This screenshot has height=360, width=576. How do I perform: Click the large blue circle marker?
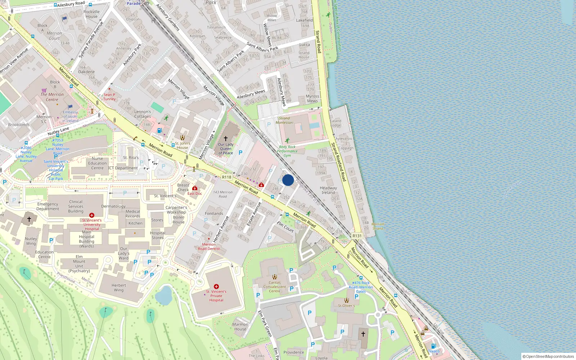(x=288, y=180)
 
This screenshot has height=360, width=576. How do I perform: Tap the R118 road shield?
(x=226, y=177)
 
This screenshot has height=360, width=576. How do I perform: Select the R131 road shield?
(x=357, y=236)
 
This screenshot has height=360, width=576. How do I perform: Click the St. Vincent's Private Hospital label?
(x=216, y=296)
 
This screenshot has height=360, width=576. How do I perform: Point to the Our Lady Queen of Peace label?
(x=226, y=149)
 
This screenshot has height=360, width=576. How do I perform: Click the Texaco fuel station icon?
(x=433, y=346)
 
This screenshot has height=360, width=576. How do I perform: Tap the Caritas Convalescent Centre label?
(x=274, y=287)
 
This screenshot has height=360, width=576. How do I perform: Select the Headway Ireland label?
(x=328, y=190)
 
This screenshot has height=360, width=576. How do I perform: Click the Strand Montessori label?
(x=284, y=120)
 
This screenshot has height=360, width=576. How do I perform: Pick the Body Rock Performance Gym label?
(x=287, y=151)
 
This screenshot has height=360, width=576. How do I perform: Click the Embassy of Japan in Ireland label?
(x=70, y=116)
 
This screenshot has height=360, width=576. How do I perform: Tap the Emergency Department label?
(x=48, y=206)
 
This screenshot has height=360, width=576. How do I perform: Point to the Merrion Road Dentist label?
(x=209, y=247)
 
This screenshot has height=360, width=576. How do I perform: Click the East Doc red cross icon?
(x=195, y=188)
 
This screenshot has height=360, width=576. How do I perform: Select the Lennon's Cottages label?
(x=143, y=114)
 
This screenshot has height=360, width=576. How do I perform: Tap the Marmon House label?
(x=240, y=327)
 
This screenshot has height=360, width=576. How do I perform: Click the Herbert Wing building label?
(x=119, y=287)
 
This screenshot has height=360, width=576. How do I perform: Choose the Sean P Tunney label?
(x=109, y=97)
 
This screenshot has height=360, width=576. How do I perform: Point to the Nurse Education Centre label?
(x=97, y=163)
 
